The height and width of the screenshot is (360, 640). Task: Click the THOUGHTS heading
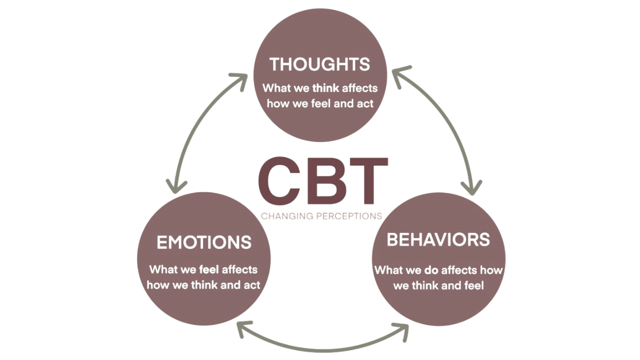[x=319, y=64]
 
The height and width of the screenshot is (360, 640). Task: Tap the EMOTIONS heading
[x=204, y=242]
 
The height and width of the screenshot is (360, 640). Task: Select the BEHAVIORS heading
[x=438, y=240]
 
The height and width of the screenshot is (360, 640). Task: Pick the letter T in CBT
[x=367, y=181]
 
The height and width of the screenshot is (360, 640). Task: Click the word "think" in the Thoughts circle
[x=325, y=88]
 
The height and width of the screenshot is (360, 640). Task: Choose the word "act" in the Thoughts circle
[x=365, y=104]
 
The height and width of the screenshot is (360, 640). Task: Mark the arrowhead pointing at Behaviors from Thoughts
[x=470, y=188]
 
